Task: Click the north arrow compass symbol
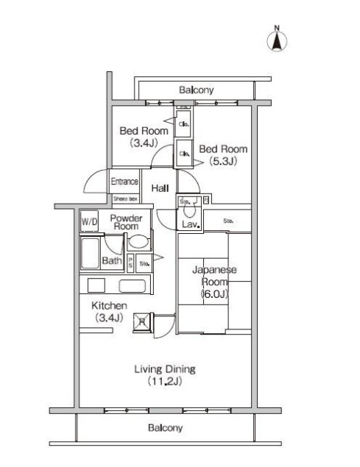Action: coord(277,40)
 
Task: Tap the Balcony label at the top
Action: coord(196,90)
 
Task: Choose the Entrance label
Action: coord(124,182)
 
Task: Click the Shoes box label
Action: coord(125,199)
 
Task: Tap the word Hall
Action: coord(160,189)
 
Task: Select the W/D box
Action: coord(89,221)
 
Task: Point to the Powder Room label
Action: coord(125,223)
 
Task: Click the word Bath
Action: coord(111,260)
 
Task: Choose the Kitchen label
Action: coord(109,305)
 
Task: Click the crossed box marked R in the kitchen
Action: coord(141,321)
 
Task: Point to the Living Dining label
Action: coord(164,369)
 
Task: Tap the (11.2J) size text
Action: coord(164,382)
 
